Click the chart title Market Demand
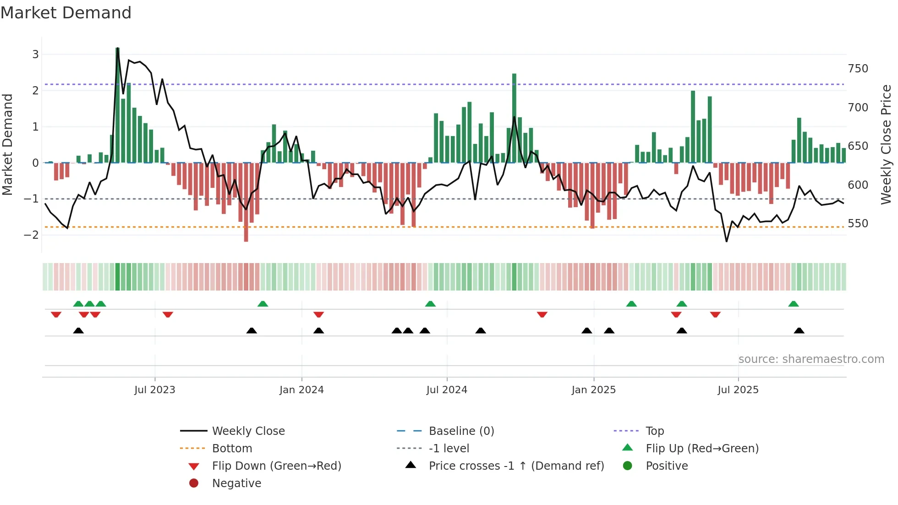pos(66,13)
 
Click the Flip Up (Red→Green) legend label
pos(702,448)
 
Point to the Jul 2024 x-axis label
pos(447,390)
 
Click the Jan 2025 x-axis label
pos(593,390)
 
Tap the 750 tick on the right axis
pos(858,69)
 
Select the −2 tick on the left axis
pos(32,235)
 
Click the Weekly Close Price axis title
pos(886,144)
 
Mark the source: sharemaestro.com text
pos(811,359)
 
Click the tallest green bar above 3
pos(118,105)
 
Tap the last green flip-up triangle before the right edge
pos(794,304)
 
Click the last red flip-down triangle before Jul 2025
pos(715,314)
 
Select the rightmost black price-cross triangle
pos(799,330)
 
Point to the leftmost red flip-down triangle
pos(56,314)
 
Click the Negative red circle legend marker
pos(194,483)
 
